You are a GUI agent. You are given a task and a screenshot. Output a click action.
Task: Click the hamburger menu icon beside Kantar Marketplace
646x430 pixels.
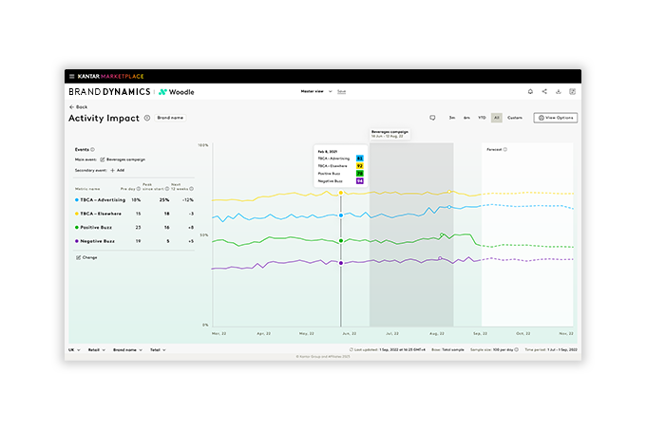(71, 76)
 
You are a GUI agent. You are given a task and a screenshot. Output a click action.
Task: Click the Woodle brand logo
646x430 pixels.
(174, 92)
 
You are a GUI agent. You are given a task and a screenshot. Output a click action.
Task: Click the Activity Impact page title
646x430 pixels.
(103, 118)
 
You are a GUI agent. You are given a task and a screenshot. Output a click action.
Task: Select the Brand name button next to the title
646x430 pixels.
(171, 118)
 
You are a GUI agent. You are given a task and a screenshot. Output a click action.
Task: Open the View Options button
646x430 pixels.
(556, 118)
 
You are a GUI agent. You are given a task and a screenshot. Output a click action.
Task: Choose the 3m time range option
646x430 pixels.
(451, 118)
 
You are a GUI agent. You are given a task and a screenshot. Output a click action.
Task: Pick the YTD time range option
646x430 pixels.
(481, 118)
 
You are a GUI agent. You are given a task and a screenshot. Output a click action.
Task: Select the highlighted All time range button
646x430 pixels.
(496, 118)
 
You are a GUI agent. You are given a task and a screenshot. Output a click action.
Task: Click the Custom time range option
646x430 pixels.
(515, 118)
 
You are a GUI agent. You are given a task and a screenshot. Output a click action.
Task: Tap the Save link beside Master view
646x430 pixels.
(341, 92)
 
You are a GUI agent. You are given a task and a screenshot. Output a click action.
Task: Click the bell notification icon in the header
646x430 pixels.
(530, 92)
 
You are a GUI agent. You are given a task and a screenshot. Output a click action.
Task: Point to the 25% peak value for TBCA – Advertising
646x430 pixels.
(164, 200)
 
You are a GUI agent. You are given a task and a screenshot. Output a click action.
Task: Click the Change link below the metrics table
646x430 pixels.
(89, 257)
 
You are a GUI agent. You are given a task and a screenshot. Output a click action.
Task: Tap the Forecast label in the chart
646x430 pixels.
(494, 149)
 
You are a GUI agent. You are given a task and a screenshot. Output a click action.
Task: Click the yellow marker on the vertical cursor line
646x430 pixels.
(341, 193)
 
